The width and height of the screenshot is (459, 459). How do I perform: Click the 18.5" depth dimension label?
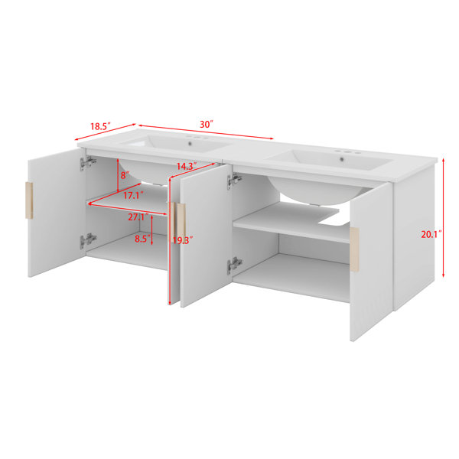[x=99, y=126]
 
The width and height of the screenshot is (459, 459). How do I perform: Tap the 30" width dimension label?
[x=206, y=125]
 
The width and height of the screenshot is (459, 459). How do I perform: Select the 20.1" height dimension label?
[x=431, y=235]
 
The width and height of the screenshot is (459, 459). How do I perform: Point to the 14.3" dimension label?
[x=187, y=166]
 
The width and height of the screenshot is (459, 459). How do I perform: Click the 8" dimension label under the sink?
[x=125, y=175]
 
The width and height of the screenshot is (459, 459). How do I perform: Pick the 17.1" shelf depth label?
[x=133, y=195]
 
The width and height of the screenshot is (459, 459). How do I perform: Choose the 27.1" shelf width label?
[x=138, y=217]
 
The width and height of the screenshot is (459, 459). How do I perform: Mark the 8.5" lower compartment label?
[x=142, y=239]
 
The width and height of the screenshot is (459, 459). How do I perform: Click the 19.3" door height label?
[x=183, y=240]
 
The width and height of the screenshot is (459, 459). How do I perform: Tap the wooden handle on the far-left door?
[x=29, y=200]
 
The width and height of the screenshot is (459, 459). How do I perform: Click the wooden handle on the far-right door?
[x=354, y=249]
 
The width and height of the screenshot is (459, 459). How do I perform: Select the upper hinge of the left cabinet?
[x=88, y=163]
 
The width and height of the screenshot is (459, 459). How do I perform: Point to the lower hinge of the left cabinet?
[x=88, y=241]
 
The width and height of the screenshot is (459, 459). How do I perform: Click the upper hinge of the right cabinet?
[x=235, y=181]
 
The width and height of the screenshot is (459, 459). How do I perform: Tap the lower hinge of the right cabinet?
[x=235, y=265]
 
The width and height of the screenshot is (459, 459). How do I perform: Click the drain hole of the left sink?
[x=190, y=144]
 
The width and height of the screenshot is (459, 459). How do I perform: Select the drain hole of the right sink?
[x=342, y=160]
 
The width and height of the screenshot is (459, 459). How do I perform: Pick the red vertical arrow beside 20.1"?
[x=444, y=217]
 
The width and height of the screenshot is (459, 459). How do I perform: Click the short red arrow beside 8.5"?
[x=151, y=229]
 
